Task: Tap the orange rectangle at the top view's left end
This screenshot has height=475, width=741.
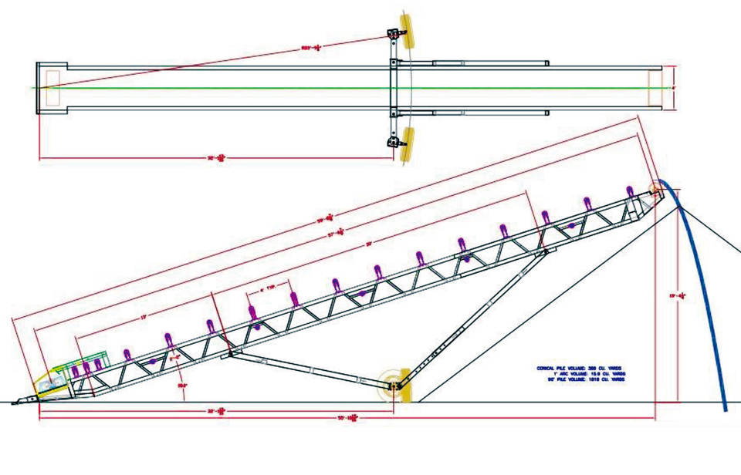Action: click(52, 88)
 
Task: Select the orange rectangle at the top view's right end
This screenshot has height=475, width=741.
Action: click(655, 88)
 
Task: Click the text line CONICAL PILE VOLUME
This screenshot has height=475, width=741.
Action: click(580, 368)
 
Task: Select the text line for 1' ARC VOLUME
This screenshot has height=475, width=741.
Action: click(580, 374)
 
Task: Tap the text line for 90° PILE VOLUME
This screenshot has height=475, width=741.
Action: click(580, 380)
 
